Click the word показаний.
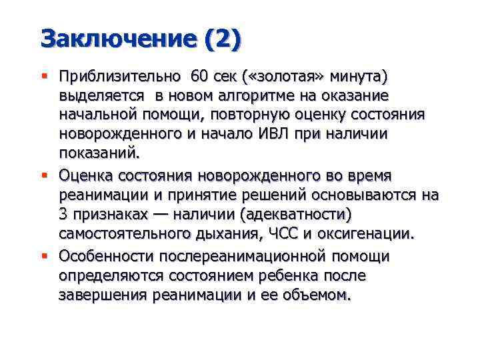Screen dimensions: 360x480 [100, 154]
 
